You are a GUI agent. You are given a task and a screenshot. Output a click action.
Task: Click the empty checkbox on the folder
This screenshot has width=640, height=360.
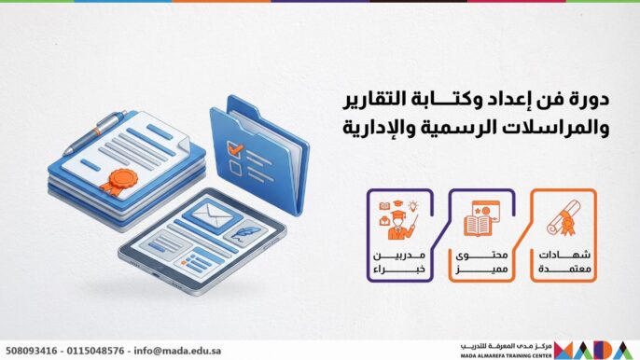(238, 171)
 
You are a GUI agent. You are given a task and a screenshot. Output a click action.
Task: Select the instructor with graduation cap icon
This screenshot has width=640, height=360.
(397, 222)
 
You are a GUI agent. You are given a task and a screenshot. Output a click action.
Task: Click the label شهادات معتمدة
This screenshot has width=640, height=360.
(565, 263)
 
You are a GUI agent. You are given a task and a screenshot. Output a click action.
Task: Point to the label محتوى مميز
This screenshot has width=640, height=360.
(481, 263)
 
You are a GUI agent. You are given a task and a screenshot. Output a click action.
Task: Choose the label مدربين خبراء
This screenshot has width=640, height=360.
(397, 263)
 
